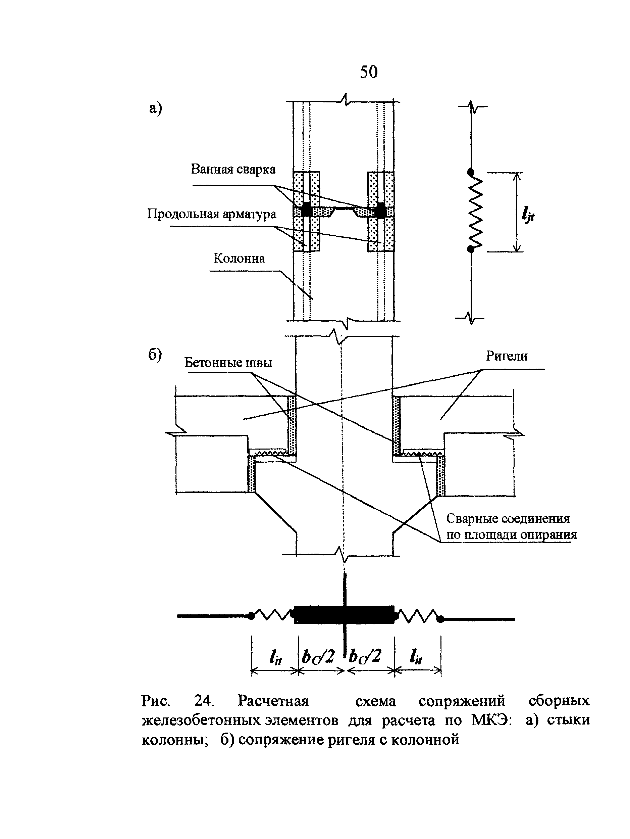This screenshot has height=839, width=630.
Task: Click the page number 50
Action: coord(368,72)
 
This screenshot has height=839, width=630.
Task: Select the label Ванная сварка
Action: coord(233,169)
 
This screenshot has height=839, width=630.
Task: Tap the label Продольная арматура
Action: coord(212,214)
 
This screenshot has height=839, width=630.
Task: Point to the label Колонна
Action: coord(239,258)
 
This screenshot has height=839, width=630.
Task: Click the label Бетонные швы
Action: coord(228,363)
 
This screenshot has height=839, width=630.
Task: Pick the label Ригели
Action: coord(507,356)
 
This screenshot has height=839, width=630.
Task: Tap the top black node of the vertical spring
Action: coord(470,173)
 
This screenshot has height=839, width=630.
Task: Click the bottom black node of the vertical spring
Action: coord(470,249)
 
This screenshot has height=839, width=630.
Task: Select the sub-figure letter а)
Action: coord(155,108)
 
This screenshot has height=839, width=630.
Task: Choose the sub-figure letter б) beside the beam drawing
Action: coord(155,355)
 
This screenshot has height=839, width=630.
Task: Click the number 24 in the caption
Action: coord(204,701)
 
